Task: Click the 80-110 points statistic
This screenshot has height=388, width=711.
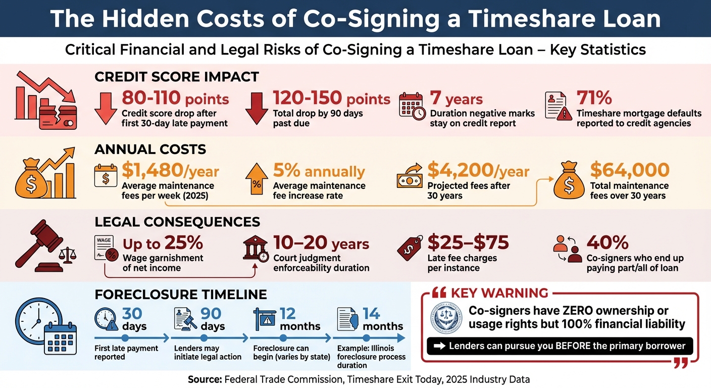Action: pos(175,99)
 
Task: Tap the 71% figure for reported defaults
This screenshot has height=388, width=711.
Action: pos(594,98)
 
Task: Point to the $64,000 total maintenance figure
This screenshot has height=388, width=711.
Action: pos(629,170)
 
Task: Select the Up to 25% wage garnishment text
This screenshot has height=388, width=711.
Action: pos(163,244)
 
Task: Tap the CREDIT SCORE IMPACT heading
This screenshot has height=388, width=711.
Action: pos(176,77)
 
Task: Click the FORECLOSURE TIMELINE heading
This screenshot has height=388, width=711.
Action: pos(180,295)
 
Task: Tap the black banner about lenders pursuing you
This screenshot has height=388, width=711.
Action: pos(560,346)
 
